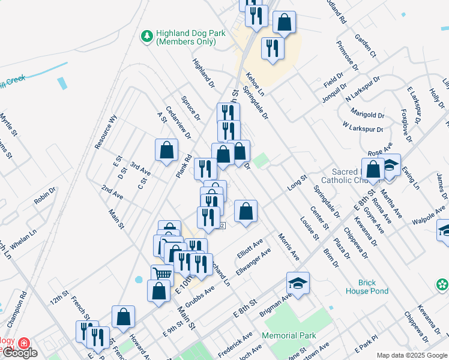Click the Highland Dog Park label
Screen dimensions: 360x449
190,37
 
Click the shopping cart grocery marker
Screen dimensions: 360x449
162,274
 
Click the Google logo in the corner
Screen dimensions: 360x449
19,353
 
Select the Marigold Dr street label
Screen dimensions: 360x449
368,115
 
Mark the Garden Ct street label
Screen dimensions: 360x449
364,46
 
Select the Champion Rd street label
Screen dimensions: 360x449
23,304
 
